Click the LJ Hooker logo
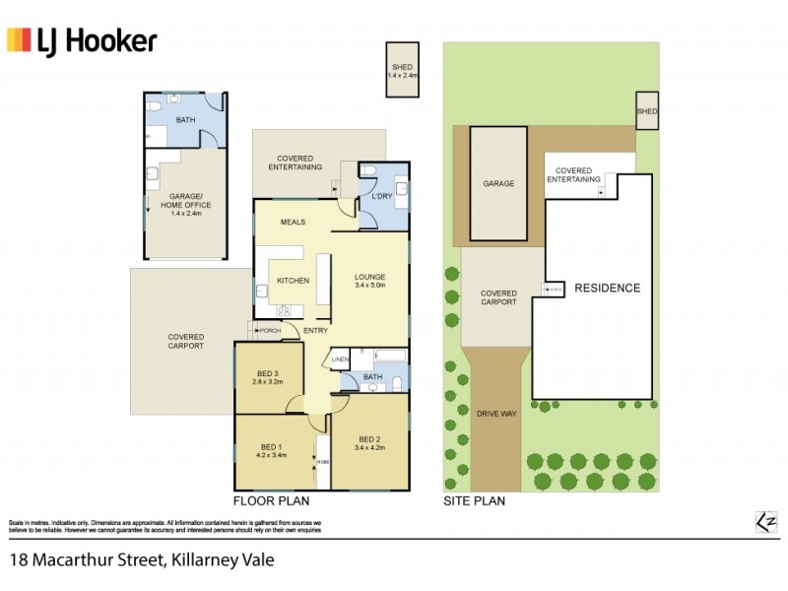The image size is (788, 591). (82, 40)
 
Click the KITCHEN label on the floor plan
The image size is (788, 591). (293, 281)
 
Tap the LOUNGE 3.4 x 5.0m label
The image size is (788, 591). (369, 281)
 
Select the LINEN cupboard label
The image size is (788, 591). (340, 360)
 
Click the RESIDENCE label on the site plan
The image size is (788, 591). (607, 289)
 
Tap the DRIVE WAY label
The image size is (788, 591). (497, 414)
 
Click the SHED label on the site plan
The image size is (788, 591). (646, 112)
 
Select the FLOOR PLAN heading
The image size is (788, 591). (265, 500)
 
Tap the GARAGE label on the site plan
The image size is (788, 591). (498, 183)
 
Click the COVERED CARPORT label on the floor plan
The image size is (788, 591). (185, 342)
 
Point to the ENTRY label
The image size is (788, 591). (315, 330)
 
